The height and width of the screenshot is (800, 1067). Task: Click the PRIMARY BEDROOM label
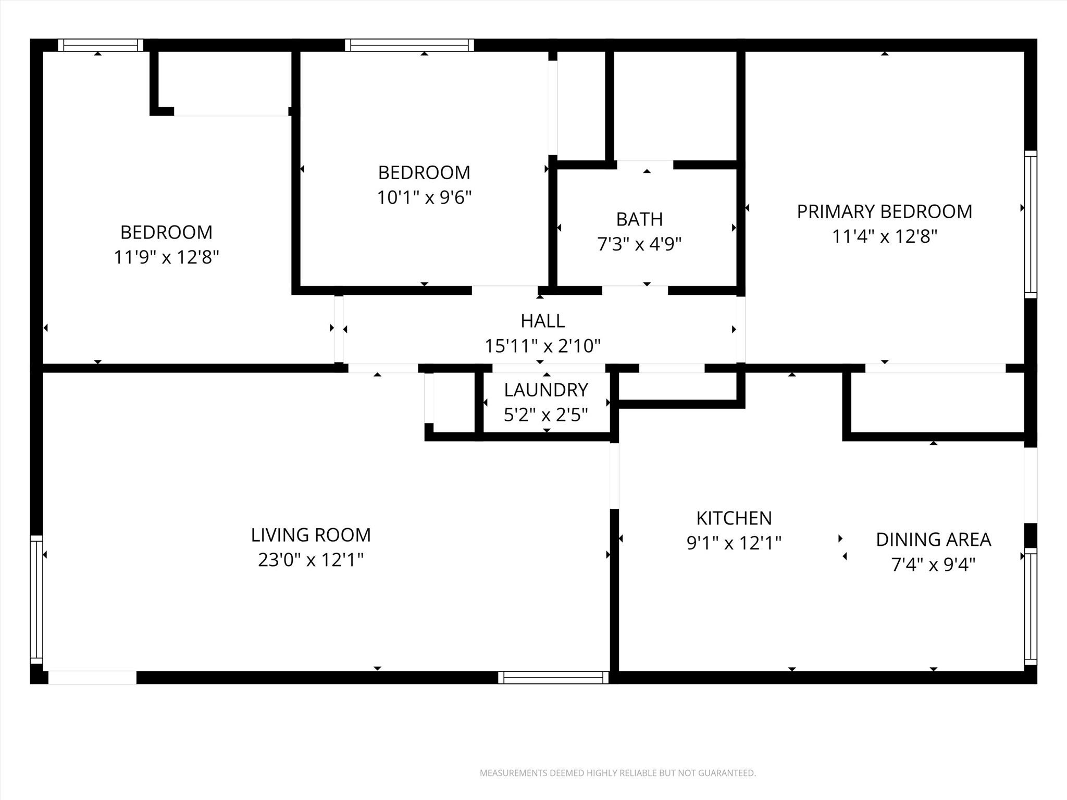[884, 211]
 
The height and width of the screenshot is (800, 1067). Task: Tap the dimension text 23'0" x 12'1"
[311, 560]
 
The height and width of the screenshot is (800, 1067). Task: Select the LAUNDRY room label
[546, 390]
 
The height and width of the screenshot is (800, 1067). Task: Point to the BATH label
[639, 219]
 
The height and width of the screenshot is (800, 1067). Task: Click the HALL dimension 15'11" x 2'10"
[543, 346]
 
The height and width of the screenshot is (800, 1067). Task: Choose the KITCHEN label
[734, 518]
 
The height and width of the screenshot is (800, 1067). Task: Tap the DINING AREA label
[933, 540]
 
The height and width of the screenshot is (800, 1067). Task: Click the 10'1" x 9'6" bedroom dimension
[424, 197]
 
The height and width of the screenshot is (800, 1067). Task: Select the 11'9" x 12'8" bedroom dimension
[166, 257]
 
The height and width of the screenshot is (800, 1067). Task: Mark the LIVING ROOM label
[311, 535]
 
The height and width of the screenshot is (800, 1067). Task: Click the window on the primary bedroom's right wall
[1031, 224]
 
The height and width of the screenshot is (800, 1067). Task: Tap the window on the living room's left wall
[36, 599]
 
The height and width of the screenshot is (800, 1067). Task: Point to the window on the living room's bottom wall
[553, 677]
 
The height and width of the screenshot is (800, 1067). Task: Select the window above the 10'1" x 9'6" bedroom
[410, 45]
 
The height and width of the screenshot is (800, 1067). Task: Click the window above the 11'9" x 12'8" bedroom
[101, 45]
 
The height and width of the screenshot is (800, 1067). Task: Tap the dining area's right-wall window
[1031, 606]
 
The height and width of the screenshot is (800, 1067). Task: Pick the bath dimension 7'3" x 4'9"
[639, 244]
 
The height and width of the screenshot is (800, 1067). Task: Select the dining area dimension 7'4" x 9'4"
[933, 565]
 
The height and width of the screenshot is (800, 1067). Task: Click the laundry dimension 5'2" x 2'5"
[546, 415]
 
